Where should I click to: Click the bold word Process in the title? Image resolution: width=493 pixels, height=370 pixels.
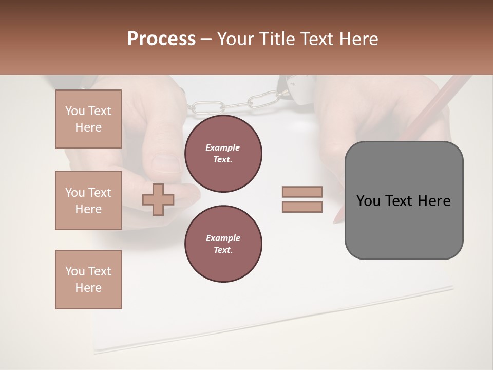[x=161, y=39]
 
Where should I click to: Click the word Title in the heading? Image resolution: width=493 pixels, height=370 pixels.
[x=277, y=39]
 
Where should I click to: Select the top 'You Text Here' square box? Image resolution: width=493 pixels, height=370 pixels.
[x=88, y=119]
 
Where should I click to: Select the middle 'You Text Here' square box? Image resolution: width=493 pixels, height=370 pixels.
[x=88, y=200]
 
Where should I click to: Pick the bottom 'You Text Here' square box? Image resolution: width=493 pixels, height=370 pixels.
[x=88, y=280]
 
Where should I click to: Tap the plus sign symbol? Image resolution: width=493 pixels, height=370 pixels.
[x=158, y=199]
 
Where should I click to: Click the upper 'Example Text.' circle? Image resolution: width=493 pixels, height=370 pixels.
[x=223, y=154]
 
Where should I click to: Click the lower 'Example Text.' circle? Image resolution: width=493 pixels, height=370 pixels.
[x=223, y=244]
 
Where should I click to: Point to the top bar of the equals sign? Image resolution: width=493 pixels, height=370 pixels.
[x=302, y=192]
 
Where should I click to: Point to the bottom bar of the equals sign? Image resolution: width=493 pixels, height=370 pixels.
[x=302, y=207]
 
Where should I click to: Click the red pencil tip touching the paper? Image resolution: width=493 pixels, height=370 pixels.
[x=336, y=219]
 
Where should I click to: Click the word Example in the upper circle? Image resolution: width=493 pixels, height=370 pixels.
[x=223, y=147]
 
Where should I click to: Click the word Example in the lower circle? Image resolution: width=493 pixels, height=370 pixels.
[x=223, y=238]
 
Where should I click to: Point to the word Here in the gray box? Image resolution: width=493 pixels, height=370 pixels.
[x=434, y=201]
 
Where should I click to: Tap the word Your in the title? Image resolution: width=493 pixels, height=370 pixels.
[x=235, y=39]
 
